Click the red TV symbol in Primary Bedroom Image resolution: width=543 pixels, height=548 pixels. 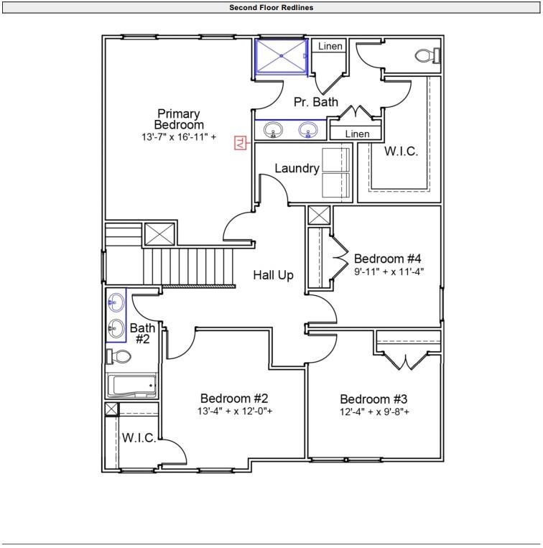tap(241, 143)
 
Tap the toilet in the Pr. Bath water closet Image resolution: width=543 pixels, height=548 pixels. tap(427, 55)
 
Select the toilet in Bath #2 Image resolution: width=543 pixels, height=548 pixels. tap(119, 356)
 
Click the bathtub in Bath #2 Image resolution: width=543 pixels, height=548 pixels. tap(131, 386)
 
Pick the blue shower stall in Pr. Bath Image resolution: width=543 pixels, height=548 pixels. tap(282, 56)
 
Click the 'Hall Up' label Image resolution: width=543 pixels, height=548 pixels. tap(273, 275)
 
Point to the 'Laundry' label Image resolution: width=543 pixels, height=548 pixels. tap(297, 169)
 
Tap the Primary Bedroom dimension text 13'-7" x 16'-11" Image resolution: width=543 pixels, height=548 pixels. tap(179, 136)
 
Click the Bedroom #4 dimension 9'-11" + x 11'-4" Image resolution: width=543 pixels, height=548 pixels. tap(389, 271)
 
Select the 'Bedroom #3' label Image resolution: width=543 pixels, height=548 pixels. tap(373, 399)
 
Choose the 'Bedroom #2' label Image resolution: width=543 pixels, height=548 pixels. tap(234, 399)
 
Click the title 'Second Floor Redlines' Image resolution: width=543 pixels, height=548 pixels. tap(271, 7)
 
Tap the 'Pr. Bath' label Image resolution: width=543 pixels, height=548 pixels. tap(316, 102)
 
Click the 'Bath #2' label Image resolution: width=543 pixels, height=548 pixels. tap(142, 333)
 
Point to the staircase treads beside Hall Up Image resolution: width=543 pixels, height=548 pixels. tap(188, 266)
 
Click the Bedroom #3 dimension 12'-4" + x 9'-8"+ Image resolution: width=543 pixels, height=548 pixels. tap(374, 412)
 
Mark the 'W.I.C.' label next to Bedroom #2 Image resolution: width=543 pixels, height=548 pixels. tap(139, 438)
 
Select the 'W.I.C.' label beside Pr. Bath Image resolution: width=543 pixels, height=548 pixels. tap(401, 152)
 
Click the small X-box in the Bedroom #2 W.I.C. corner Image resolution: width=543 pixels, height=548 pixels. tap(112, 409)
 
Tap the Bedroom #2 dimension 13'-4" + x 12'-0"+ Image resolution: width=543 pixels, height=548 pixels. tap(235, 411)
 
